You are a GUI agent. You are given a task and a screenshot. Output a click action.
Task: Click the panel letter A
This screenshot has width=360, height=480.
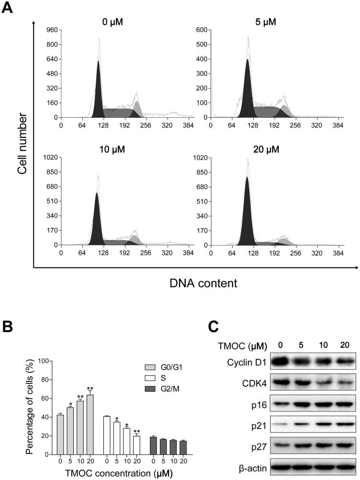[x=8, y=9]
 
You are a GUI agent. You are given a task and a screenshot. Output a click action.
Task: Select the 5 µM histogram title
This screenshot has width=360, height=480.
[x=266, y=22]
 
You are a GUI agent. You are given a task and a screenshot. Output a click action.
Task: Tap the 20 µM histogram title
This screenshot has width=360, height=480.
[x=266, y=149]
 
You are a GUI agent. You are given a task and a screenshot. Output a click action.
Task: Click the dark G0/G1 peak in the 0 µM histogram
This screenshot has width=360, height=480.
[x=98, y=91]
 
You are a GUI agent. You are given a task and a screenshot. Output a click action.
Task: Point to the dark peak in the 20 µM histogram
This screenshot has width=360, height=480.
[x=247, y=211]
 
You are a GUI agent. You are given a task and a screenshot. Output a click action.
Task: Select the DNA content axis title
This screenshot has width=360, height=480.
[x=203, y=283]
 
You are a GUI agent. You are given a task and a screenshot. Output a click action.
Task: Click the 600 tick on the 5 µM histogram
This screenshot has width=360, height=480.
[x=202, y=30]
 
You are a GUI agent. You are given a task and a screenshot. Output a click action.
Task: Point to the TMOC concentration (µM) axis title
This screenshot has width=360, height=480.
[x=113, y=474]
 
